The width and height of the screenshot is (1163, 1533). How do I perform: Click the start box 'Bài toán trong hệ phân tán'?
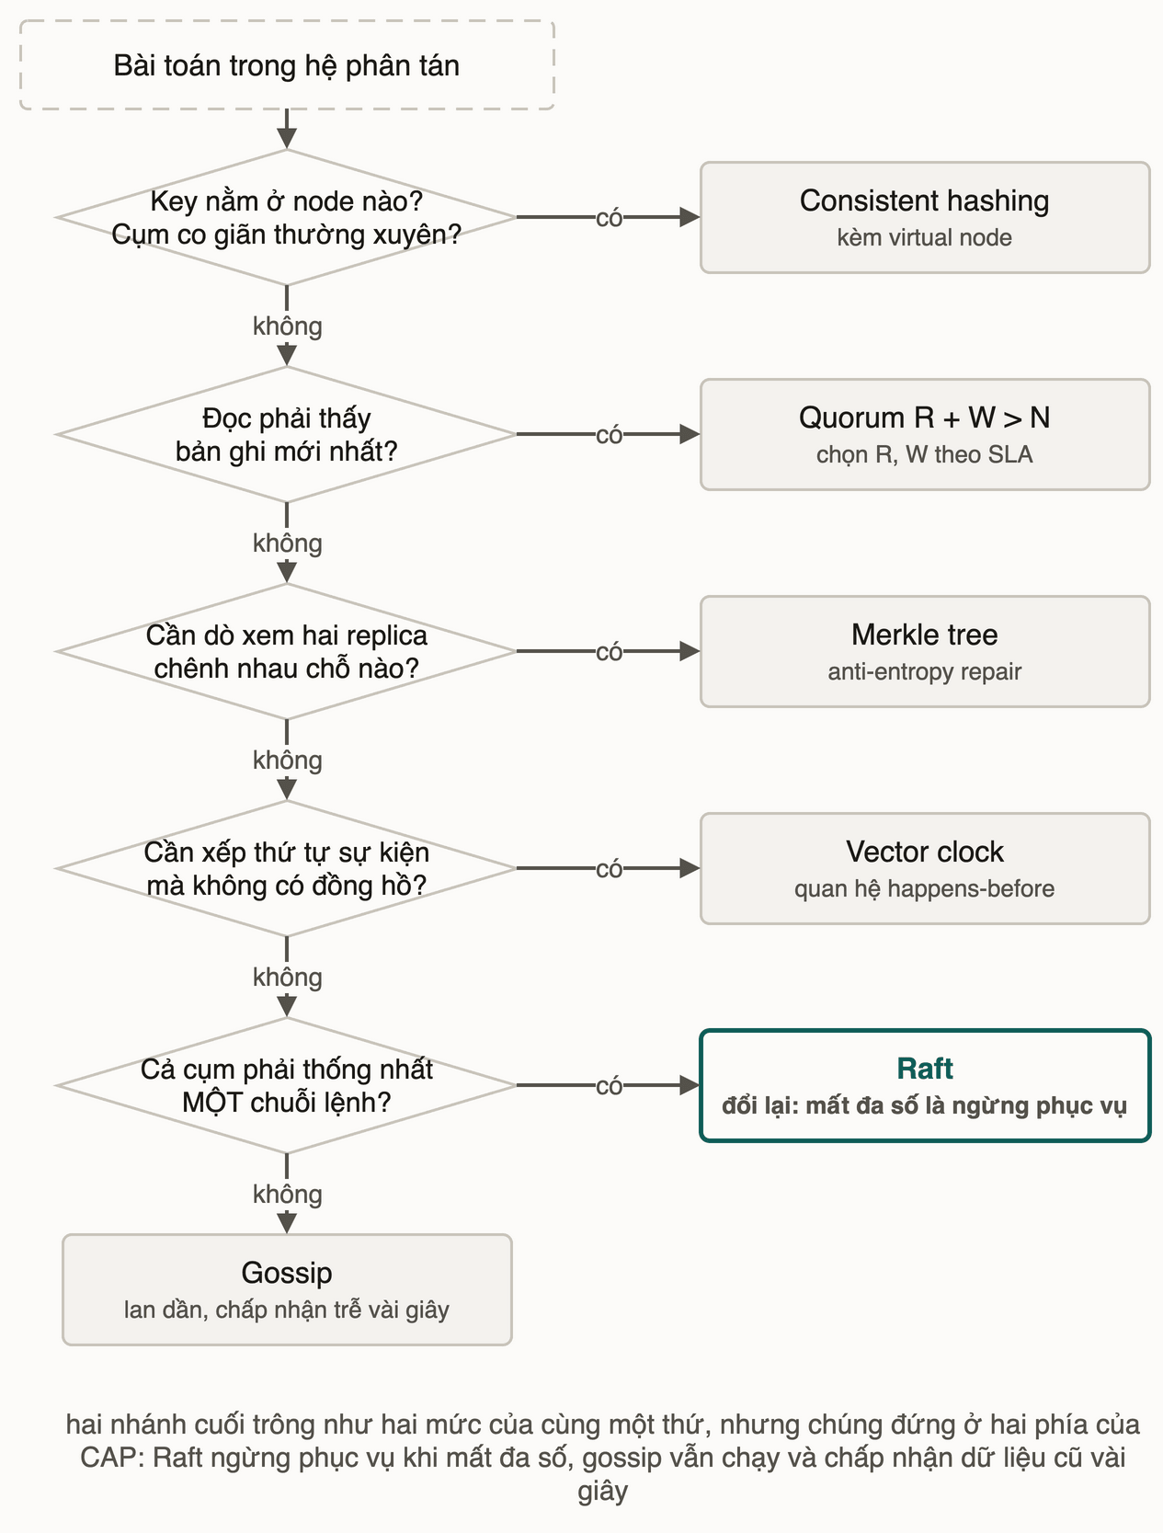click(287, 65)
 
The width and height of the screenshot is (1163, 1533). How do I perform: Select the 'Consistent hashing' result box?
click(925, 217)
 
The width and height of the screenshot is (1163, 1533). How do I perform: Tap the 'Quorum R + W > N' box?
click(925, 434)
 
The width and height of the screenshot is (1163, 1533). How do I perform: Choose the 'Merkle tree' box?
click(925, 652)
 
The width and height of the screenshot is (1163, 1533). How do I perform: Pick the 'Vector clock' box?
click(925, 868)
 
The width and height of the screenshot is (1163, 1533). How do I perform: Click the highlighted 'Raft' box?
click(925, 1085)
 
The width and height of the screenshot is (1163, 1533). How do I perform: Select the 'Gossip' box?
click(287, 1289)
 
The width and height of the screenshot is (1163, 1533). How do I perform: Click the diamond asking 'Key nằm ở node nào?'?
click(287, 217)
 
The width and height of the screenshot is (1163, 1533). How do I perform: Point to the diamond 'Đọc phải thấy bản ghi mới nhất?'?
click(287, 434)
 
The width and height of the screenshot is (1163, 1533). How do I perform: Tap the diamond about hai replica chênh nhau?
click(287, 652)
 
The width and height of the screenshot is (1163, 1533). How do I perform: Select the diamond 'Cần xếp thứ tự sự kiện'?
click(287, 868)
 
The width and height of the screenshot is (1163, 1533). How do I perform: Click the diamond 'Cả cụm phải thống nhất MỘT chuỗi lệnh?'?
click(287, 1085)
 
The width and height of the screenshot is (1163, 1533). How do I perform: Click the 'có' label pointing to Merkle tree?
click(609, 652)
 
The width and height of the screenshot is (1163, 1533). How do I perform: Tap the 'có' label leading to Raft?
click(609, 1087)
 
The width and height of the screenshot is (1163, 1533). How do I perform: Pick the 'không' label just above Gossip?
click(288, 1195)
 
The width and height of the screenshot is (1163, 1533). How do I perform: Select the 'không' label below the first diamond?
click(288, 326)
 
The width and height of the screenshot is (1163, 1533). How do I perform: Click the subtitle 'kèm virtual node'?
click(924, 237)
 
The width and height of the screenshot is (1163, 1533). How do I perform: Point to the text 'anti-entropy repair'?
click(924, 672)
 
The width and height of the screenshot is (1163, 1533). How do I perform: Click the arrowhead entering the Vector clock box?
click(690, 868)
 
